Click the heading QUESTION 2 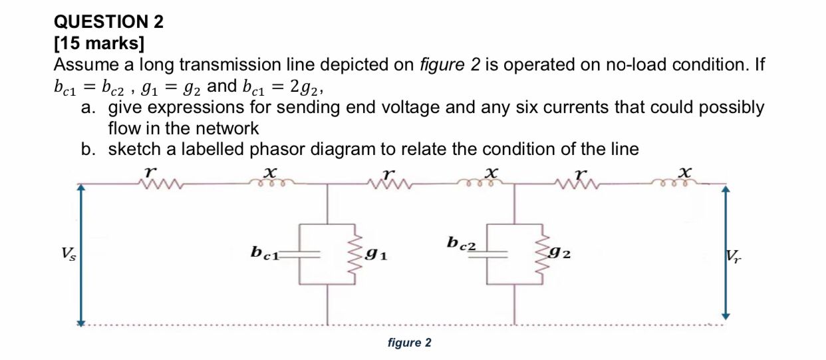click(108, 22)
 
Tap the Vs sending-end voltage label click(68, 254)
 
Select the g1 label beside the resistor click(376, 253)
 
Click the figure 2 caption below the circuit click(409, 343)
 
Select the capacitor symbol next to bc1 click(307, 254)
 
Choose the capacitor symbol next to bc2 click(494, 254)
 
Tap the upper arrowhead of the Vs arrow click(80, 188)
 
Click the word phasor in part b click(275, 149)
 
